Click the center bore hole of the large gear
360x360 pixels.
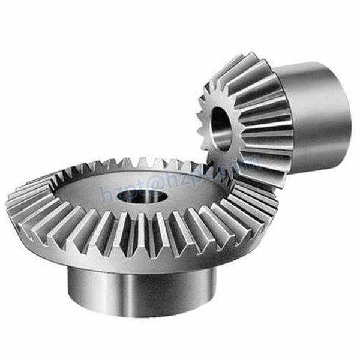[x=142, y=197]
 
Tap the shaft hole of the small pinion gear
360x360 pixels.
[x=220, y=127]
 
